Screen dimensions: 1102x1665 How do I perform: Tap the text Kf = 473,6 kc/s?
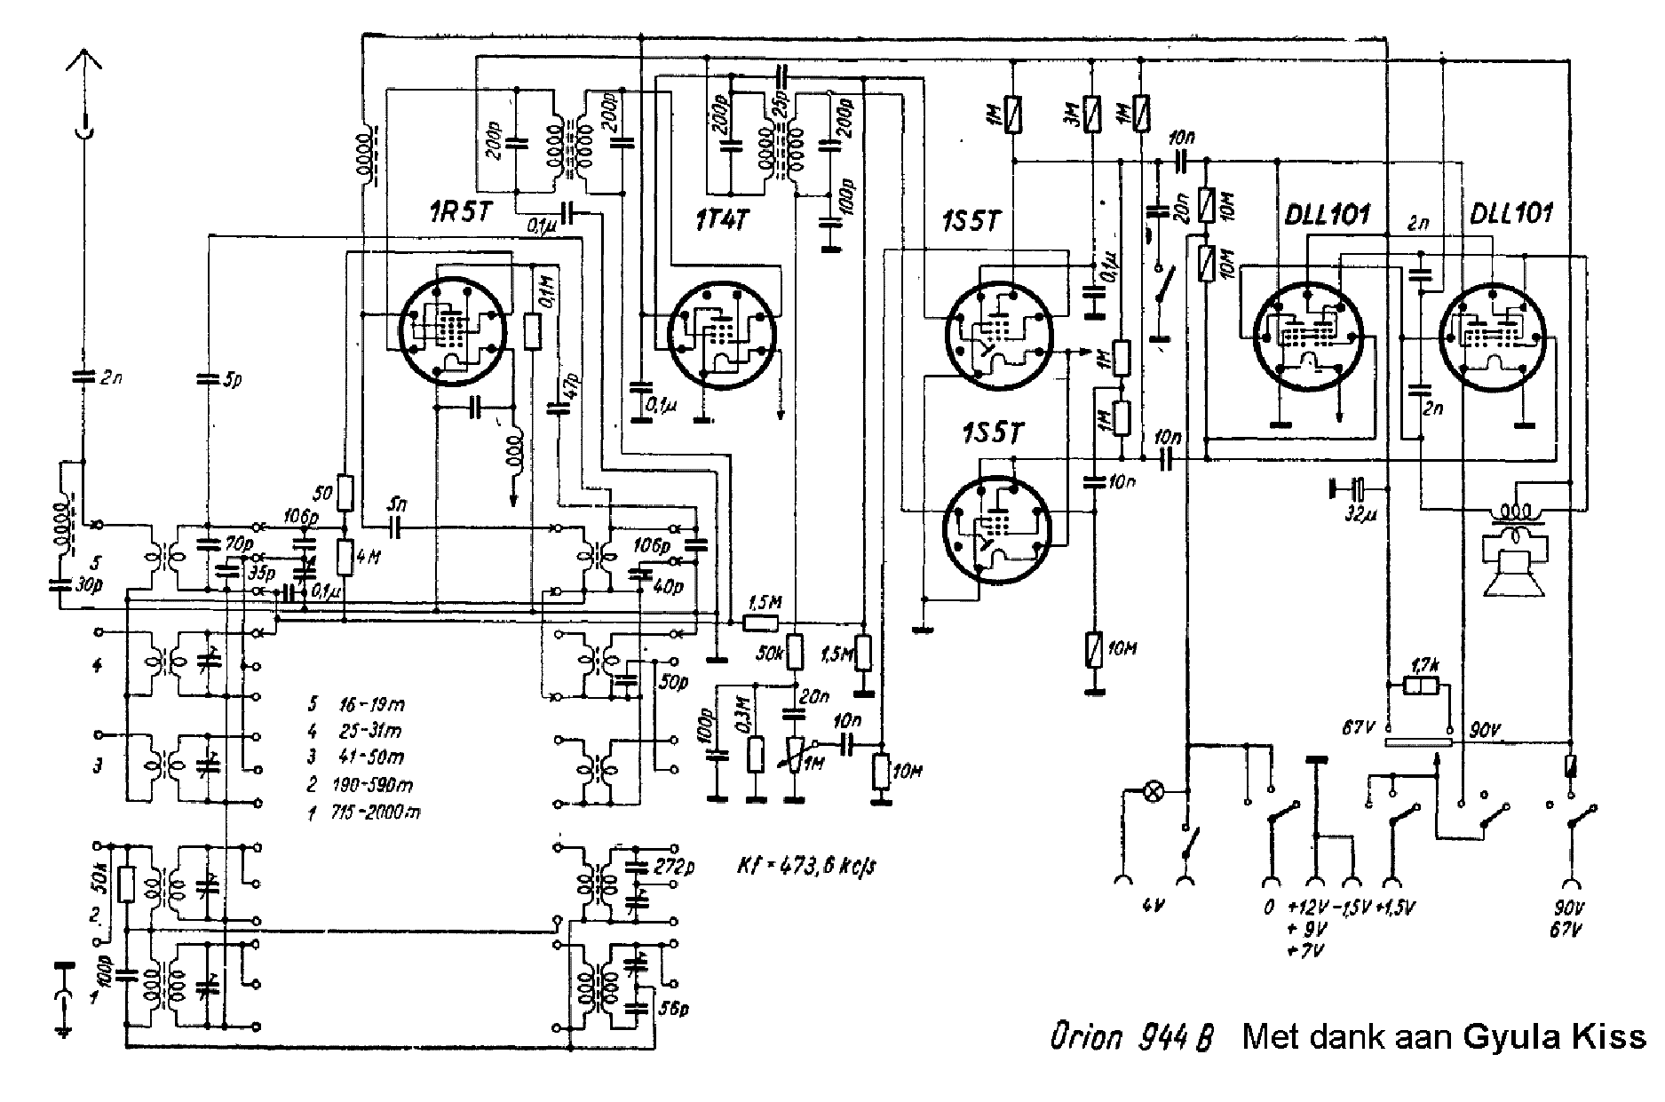[x=806, y=865]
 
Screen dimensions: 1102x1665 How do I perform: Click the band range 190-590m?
[x=373, y=784]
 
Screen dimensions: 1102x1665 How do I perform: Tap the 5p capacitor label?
[x=231, y=380]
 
